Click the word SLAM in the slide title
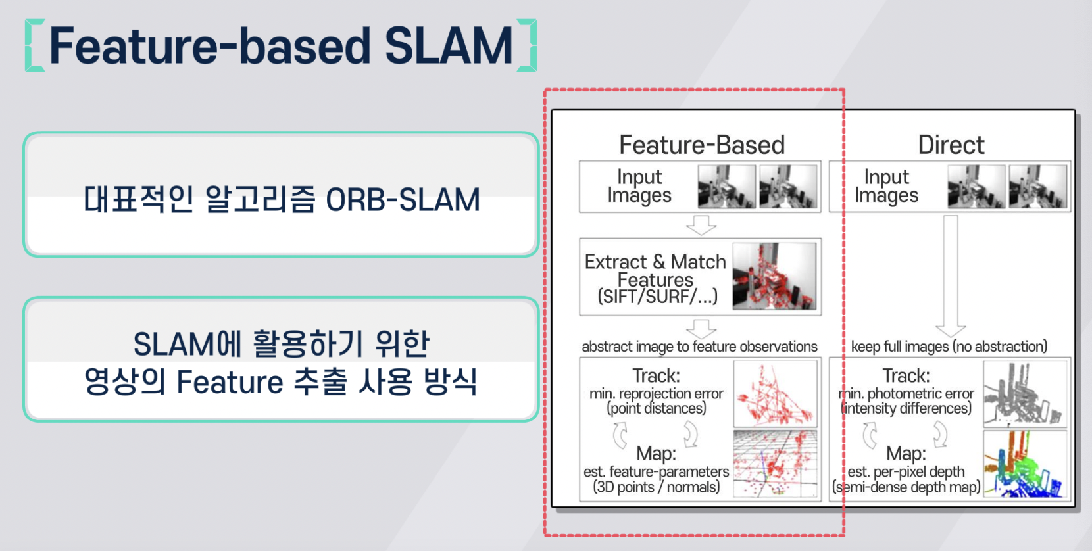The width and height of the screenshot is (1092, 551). pyautogui.click(x=448, y=46)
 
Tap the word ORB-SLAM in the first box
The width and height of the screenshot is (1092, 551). pyautogui.click(x=403, y=200)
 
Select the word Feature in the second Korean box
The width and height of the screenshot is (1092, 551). pyautogui.click(x=230, y=382)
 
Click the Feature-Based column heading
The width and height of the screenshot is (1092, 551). pyautogui.click(x=702, y=145)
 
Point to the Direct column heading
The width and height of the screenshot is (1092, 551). pyautogui.click(x=951, y=145)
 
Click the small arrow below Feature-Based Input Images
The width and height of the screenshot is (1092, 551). pyautogui.click(x=701, y=225)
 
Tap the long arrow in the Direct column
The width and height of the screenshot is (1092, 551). pyautogui.click(x=951, y=276)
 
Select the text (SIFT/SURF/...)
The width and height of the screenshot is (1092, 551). pyautogui.click(x=657, y=297)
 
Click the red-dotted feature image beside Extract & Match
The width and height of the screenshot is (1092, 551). pyautogui.click(x=774, y=276)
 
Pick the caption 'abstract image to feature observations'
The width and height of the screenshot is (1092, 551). pyautogui.click(x=699, y=347)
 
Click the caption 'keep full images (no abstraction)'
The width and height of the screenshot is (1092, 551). pyautogui.click(x=949, y=347)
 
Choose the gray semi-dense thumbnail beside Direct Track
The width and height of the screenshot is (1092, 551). pyautogui.click(x=1024, y=393)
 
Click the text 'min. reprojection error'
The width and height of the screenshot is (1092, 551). pyautogui.click(x=656, y=393)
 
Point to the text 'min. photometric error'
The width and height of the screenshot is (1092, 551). pyautogui.click(x=907, y=393)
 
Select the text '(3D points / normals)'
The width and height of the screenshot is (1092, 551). pyautogui.click(x=656, y=487)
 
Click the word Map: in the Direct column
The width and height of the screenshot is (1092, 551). pyautogui.click(x=906, y=453)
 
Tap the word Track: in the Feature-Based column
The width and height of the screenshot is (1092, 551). pyautogui.click(x=656, y=375)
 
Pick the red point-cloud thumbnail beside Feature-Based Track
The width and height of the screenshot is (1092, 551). pyautogui.click(x=775, y=393)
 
